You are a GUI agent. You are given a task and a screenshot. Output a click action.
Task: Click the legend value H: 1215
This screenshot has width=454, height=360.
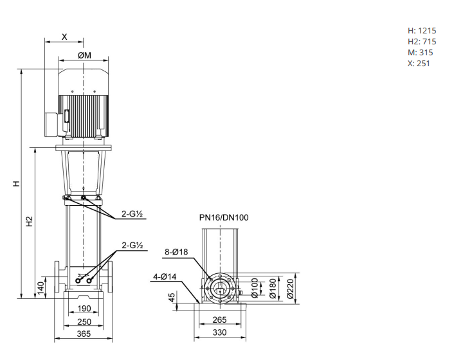coord(422,30)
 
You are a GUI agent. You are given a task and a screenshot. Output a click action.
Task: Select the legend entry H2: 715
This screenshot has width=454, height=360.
coord(422,41)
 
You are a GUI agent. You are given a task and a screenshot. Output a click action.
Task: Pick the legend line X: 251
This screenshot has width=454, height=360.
coord(419,63)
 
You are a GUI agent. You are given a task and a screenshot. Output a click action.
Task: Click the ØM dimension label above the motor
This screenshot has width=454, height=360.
coord(84,55)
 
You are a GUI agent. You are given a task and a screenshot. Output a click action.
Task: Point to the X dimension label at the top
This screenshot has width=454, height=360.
coord(64,37)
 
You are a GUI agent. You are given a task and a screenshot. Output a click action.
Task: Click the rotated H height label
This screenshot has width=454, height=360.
coord(17,183)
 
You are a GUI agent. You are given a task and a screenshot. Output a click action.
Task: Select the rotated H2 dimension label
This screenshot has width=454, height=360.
coord(30,222)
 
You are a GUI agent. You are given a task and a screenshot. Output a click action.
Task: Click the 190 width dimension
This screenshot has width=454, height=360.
coord(84,309)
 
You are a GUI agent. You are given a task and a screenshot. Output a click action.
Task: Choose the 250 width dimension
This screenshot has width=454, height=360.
coord(84,321)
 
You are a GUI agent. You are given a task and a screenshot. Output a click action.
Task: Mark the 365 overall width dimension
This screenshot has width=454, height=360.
coord(84,334)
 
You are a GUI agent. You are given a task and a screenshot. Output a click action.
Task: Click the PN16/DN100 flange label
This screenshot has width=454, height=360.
coord(224,217)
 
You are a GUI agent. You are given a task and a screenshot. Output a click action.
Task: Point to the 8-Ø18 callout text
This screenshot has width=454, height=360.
coord(176,253)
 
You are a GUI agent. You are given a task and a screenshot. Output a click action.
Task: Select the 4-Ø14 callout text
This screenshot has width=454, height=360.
coord(165,276)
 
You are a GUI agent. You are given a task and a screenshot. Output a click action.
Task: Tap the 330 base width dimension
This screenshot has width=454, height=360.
coord(220,332)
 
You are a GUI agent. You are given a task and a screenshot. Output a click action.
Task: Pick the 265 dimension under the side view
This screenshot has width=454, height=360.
coord(220,319)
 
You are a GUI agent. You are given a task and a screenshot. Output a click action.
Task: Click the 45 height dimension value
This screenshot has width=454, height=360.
coord(172,299)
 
